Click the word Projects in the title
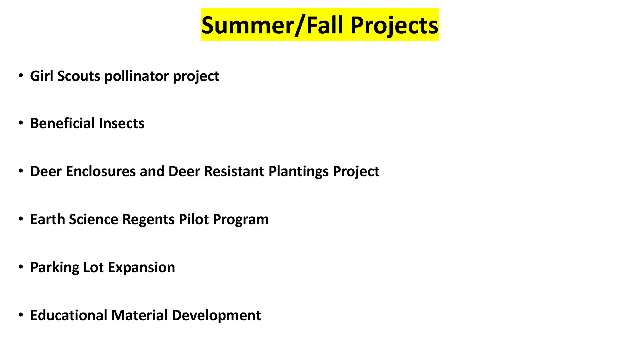pos(394,26)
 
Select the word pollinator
pos(137,76)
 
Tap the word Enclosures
pos(101,171)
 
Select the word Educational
pos(69,315)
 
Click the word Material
pos(139,315)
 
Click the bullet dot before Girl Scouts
pos(21,76)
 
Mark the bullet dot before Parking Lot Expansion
pos(21,267)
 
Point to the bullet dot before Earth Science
pos(21,219)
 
